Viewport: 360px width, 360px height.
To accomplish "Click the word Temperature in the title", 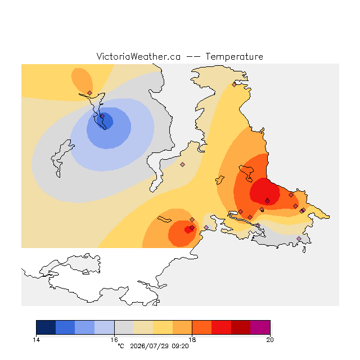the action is [234, 57].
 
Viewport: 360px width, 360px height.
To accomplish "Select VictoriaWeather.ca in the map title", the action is [138, 56].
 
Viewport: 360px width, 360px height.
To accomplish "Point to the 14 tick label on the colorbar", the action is [36, 340].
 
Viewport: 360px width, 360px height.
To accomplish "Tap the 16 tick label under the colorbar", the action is [114, 340].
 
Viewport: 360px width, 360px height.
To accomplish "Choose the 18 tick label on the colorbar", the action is [192, 340].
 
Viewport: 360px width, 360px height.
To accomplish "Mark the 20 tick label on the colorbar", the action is [270, 340].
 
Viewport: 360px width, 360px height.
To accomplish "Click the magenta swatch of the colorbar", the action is [260, 327].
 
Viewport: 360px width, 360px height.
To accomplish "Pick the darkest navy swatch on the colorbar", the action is [46, 327].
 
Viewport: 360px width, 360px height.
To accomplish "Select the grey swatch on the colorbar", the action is [124, 327].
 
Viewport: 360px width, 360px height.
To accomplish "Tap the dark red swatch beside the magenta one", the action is [241, 327].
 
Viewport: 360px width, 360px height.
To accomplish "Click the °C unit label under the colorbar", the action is [121, 346].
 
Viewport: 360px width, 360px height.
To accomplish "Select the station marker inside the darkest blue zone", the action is [102, 116].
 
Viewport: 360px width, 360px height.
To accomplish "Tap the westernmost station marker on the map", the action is [90, 93].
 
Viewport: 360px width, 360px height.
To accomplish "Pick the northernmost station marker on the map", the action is [234, 85].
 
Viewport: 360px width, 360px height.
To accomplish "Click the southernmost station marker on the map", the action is [299, 238].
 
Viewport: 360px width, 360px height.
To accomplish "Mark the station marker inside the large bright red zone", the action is [268, 201].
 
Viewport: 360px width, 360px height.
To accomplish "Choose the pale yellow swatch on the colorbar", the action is [163, 327].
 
